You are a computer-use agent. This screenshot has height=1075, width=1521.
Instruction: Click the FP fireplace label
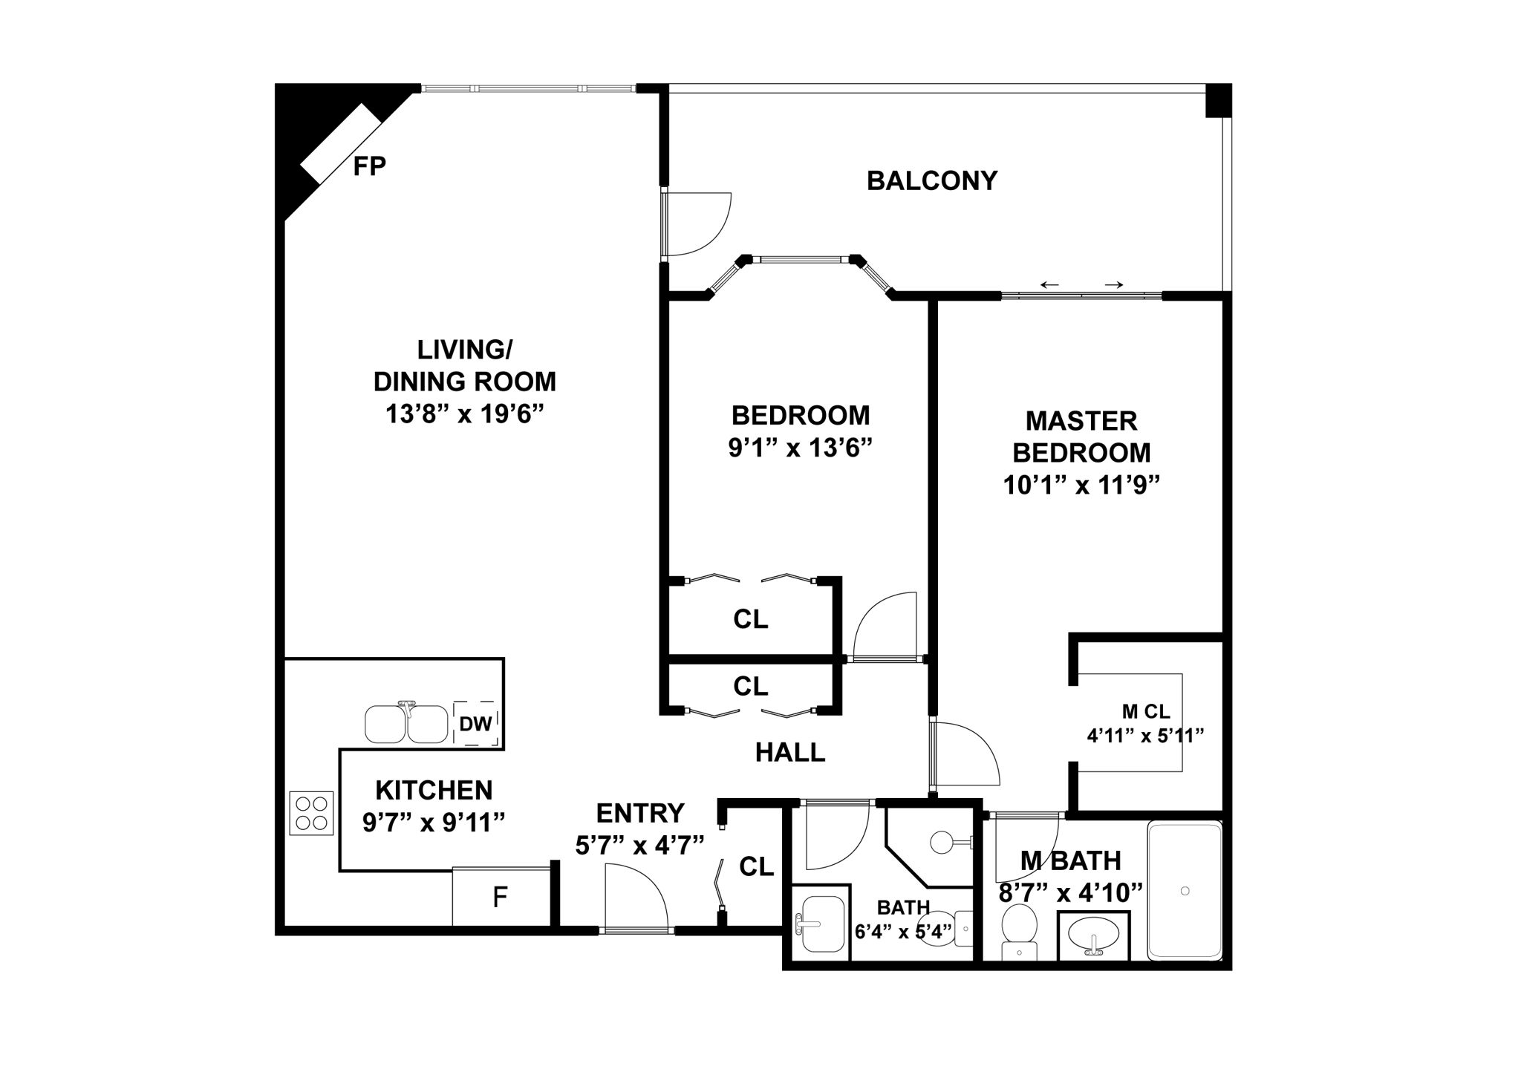pyautogui.click(x=369, y=166)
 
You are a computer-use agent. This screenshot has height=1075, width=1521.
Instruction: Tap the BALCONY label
pyautogui.click(x=932, y=181)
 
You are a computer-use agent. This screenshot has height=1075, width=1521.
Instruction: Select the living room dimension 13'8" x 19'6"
pyautogui.click(x=465, y=414)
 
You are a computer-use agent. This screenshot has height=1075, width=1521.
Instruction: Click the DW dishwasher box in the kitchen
pyautogui.click(x=475, y=722)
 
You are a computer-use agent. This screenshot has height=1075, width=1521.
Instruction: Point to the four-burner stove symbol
pyautogui.click(x=311, y=813)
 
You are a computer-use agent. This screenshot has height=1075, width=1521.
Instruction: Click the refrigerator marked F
pyautogui.click(x=501, y=898)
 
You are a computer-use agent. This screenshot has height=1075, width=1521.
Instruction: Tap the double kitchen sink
pyautogui.click(x=406, y=724)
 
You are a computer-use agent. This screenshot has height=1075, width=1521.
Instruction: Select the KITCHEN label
pyautogui.click(x=434, y=789)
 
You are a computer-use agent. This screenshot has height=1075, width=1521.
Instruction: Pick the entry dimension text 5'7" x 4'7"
pyautogui.click(x=639, y=845)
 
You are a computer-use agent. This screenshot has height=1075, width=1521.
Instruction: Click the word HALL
pyautogui.click(x=790, y=753)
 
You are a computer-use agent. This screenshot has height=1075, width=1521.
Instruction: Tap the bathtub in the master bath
pyautogui.click(x=1185, y=891)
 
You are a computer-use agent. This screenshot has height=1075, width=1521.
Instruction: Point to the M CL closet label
pyautogui.click(x=1146, y=712)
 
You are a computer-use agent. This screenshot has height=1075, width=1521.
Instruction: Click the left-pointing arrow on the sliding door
pyautogui.click(x=1049, y=285)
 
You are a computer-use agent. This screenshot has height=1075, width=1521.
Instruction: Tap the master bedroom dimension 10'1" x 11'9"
pyautogui.click(x=1081, y=486)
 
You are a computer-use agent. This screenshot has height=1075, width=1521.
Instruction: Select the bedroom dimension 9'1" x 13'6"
pyautogui.click(x=800, y=448)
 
